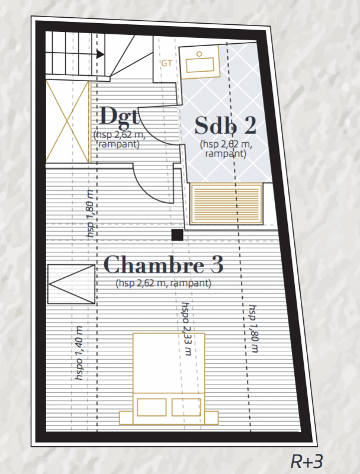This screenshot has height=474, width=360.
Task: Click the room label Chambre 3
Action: coord(163,264)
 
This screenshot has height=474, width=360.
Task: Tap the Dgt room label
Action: coord(120,116)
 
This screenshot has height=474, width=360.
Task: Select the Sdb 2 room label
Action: coord(226,125)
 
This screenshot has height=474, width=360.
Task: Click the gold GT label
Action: coord(167,63)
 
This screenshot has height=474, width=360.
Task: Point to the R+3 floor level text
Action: coord(307,462)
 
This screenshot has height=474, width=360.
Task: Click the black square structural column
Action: coord(177,235)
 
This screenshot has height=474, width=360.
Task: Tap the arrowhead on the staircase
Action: coord(101,54)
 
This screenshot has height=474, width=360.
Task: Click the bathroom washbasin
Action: coord(200,63)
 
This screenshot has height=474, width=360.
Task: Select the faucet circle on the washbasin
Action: coord(199,54)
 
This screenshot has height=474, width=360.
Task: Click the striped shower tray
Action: coord(226,204)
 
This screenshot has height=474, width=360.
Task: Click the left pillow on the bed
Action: coord(152,407)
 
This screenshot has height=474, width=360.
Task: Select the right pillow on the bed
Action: coord(187,407)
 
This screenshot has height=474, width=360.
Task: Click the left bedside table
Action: coord(126,418)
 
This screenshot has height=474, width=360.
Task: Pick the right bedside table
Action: coord(211,418)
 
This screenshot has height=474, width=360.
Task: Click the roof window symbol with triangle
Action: coord(71,284)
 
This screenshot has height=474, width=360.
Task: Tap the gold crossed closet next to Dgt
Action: coord(68,122)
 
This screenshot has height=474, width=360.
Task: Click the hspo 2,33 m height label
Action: coord(187,329)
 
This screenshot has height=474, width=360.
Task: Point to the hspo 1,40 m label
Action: coord(79,353)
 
